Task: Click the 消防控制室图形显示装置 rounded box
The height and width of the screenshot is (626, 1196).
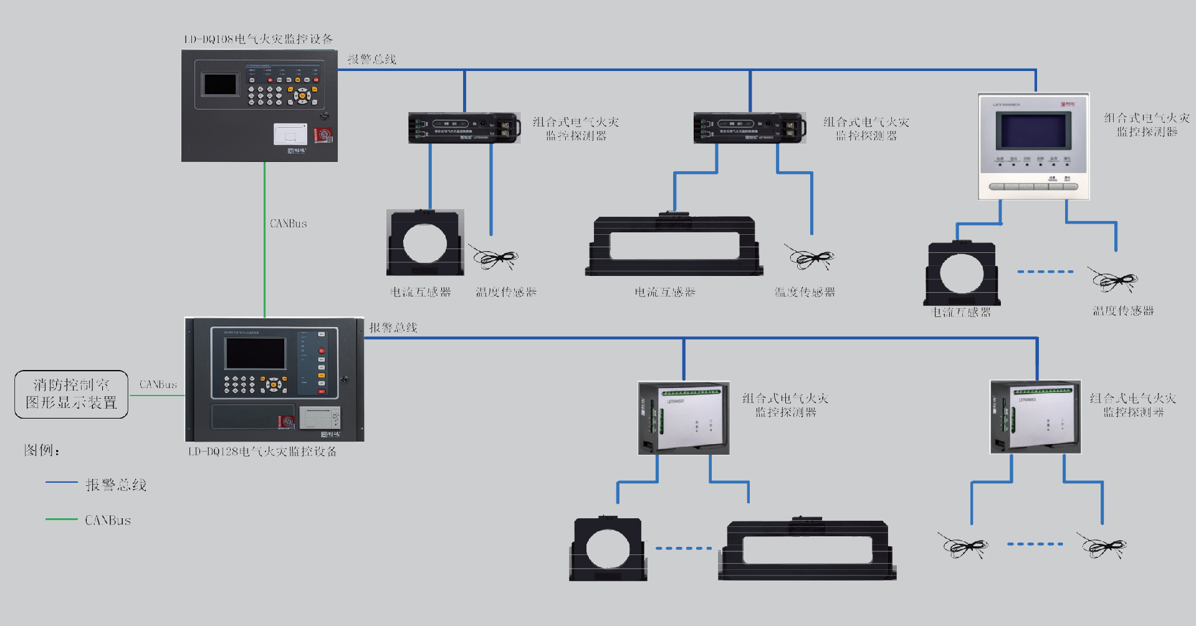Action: tap(71, 394)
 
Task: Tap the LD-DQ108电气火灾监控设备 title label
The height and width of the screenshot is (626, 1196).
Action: tap(258, 39)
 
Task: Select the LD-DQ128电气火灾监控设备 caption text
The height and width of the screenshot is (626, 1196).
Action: tap(262, 451)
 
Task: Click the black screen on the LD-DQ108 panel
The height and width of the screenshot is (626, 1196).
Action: tap(220, 84)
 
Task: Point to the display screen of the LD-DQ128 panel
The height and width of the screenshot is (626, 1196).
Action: tap(256, 353)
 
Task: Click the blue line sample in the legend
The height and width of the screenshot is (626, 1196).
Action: tap(61, 482)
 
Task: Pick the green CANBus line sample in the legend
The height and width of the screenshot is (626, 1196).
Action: tap(61, 519)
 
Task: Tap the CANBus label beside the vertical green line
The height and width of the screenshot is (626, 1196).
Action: tap(288, 223)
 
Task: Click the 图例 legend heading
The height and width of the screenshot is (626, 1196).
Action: tap(41, 450)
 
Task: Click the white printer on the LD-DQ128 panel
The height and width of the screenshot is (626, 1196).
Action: tap(319, 417)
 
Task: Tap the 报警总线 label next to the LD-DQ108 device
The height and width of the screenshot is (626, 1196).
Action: tap(371, 59)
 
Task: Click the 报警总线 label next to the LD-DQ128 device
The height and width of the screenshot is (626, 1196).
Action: tap(393, 328)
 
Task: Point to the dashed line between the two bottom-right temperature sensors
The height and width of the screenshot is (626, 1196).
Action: tap(1035, 544)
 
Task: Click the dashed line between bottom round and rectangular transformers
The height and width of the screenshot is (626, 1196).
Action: tap(683, 548)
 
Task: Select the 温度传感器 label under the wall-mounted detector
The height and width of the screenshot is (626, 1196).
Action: tap(1123, 311)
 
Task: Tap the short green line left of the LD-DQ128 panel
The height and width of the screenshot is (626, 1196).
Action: tap(156, 395)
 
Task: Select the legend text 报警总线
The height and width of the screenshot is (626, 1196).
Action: tap(116, 485)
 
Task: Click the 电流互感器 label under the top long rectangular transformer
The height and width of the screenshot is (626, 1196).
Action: tap(665, 292)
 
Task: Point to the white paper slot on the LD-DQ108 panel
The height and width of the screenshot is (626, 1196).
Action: tap(290, 134)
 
